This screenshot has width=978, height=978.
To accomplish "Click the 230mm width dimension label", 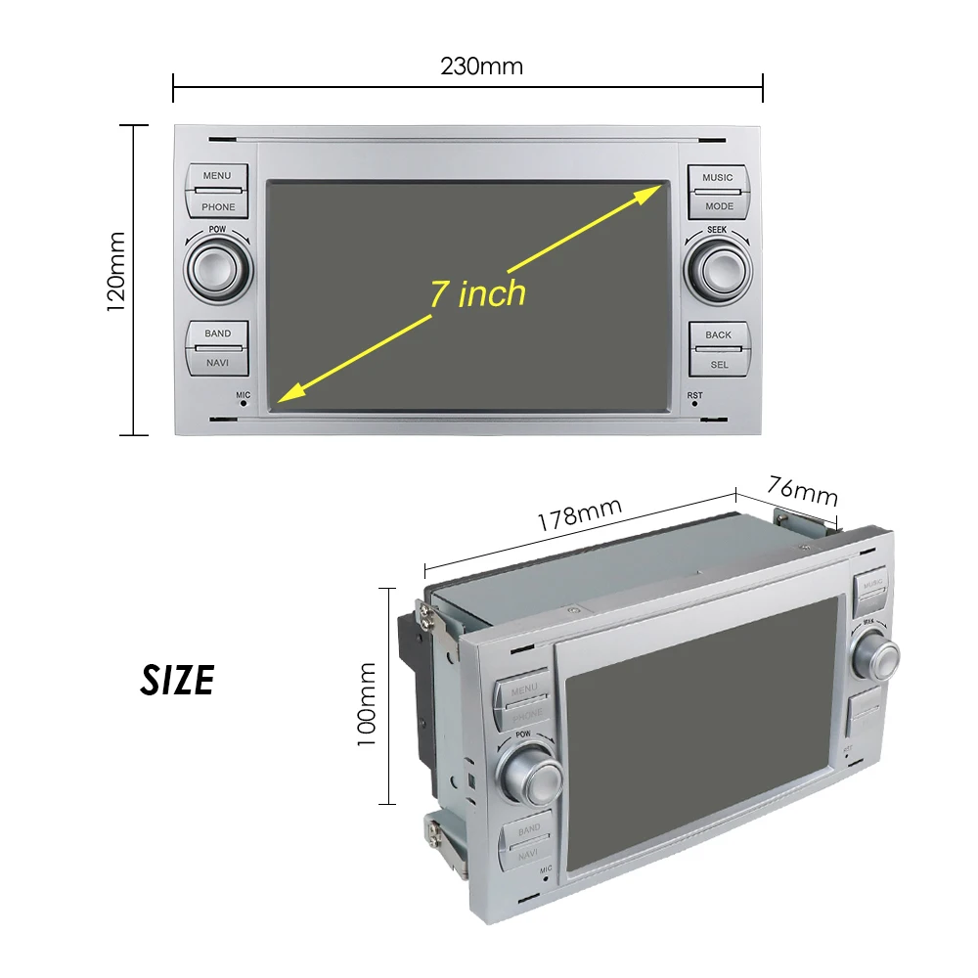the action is [x=481, y=67].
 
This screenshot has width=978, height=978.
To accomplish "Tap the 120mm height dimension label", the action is [x=116, y=271].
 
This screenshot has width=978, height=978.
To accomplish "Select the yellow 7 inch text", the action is [x=477, y=293].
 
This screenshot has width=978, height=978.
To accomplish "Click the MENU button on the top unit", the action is [x=217, y=176].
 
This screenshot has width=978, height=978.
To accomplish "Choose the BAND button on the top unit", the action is [x=217, y=333].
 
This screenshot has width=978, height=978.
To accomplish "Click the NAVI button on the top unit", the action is [x=217, y=363].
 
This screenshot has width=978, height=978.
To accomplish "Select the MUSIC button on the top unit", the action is [x=717, y=178].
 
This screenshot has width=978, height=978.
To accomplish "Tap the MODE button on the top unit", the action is [x=718, y=206].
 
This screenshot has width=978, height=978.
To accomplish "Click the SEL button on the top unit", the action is [x=718, y=364].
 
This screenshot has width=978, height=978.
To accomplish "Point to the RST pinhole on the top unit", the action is [x=694, y=403].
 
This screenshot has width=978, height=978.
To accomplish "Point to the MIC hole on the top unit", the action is [x=244, y=403].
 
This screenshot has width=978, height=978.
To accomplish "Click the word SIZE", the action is [x=177, y=681].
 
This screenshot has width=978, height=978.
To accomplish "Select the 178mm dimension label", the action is [x=579, y=515].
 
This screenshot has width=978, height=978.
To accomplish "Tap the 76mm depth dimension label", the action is [x=802, y=485].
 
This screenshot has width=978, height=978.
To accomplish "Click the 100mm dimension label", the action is [x=367, y=703].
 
